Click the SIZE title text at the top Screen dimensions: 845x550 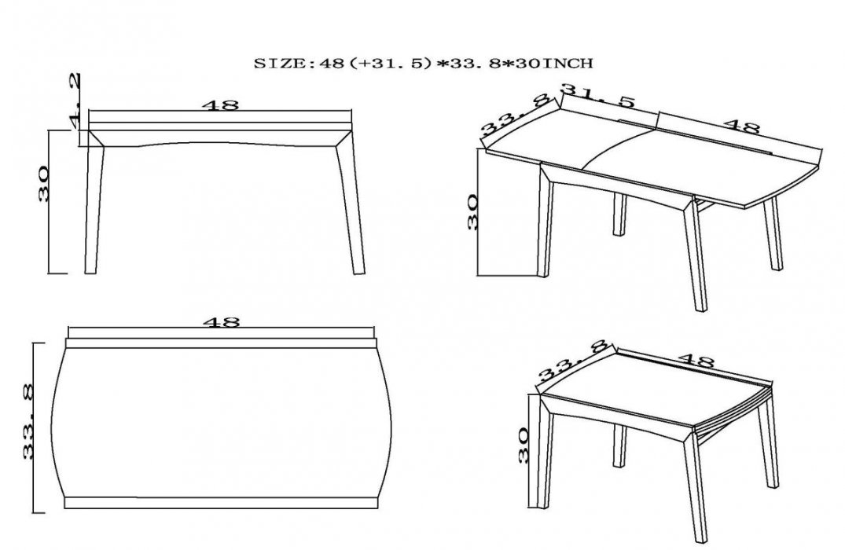(x=423, y=64)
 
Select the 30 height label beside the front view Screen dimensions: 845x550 (x=44, y=184)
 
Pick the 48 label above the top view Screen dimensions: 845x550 (x=221, y=322)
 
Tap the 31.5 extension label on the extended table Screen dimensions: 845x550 (x=599, y=97)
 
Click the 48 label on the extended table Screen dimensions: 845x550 (x=742, y=126)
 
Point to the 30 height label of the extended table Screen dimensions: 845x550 (x=472, y=213)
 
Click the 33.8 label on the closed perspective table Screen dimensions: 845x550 (x=572, y=364)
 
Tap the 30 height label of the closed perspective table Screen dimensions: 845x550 (x=523, y=445)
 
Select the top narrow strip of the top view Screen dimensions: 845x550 (x=220, y=343)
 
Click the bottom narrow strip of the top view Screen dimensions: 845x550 (x=220, y=503)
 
